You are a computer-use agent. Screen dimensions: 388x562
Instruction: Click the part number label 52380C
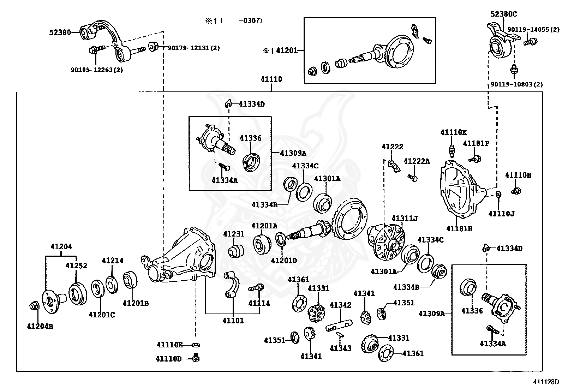[503, 14]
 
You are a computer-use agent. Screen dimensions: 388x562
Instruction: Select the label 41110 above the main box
[271, 79]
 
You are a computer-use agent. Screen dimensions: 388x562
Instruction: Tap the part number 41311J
[404, 219]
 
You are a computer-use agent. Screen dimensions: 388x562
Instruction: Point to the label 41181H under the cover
[459, 228]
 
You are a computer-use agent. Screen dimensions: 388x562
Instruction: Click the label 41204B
[40, 326]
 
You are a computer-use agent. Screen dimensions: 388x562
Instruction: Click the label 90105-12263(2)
[97, 70]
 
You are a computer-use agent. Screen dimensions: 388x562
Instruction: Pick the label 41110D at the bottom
[169, 359]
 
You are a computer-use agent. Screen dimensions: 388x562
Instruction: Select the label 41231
[233, 234]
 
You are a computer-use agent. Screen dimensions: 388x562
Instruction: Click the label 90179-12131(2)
[193, 48]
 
